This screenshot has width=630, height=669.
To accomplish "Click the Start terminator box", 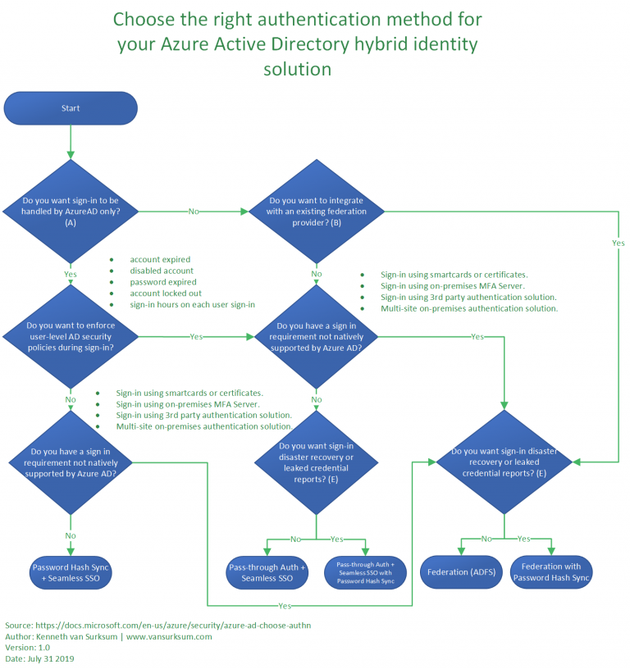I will point(71,108).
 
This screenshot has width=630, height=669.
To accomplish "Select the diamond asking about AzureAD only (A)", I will point(71,211).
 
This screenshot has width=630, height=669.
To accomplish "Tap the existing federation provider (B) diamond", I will point(317,211).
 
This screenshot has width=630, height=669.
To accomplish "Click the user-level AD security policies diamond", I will point(71,337).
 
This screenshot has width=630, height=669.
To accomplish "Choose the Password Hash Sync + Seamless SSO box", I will point(71,572).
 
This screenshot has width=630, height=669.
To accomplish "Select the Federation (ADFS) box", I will point(459,572).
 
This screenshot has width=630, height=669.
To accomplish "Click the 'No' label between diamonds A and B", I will point(194,212).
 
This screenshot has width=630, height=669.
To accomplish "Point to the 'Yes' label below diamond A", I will point(71,274).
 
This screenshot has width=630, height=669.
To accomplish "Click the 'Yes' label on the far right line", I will point(618,243).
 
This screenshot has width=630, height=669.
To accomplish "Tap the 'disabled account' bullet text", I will point(162,271).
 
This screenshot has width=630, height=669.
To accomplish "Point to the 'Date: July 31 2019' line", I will point(39,658).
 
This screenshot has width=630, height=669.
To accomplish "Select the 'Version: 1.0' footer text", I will point(27,647).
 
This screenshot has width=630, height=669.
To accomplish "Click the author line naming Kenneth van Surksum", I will point(108,636).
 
